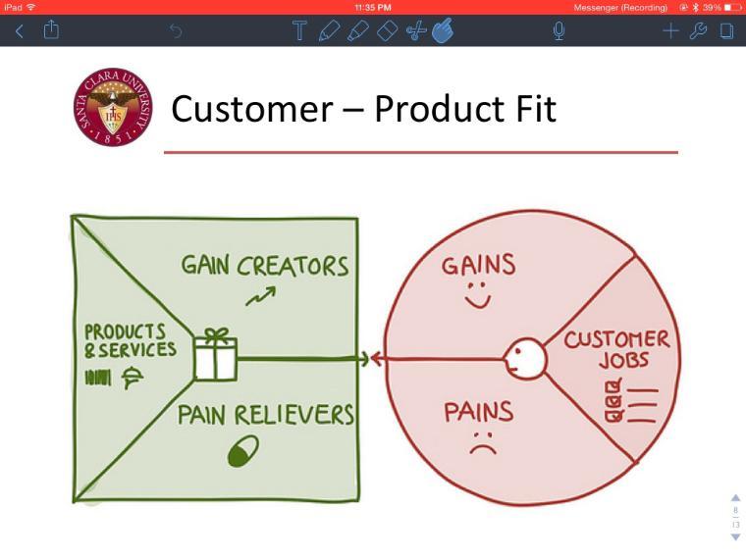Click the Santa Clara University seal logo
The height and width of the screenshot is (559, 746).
click(x=113, y=108)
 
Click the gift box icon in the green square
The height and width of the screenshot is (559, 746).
click(x=215, y=355)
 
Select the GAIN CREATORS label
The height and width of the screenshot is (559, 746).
click(x=264, y=266)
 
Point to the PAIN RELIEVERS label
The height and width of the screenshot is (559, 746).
click(x=265, y=415)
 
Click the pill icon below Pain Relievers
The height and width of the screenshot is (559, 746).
click(x=243, y=452)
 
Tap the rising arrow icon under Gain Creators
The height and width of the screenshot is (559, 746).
click(x=261, y=295)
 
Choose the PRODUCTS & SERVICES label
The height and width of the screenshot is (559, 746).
click(x=130, y=339)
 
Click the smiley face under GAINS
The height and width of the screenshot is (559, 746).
click(x=477, y=295)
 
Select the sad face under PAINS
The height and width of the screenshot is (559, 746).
click(x=481, y=442)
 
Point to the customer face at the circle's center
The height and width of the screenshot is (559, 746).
click(x=525, y=358)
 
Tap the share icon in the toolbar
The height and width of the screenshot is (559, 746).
click(x=50, y=30)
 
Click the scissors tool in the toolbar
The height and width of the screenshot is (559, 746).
click(x=415, y=31)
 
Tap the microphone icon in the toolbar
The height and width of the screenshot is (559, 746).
click(x=559, y=31)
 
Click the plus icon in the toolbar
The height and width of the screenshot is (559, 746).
click(x=670, y=31)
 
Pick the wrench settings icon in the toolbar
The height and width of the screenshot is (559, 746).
click(x=699, y=31)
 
